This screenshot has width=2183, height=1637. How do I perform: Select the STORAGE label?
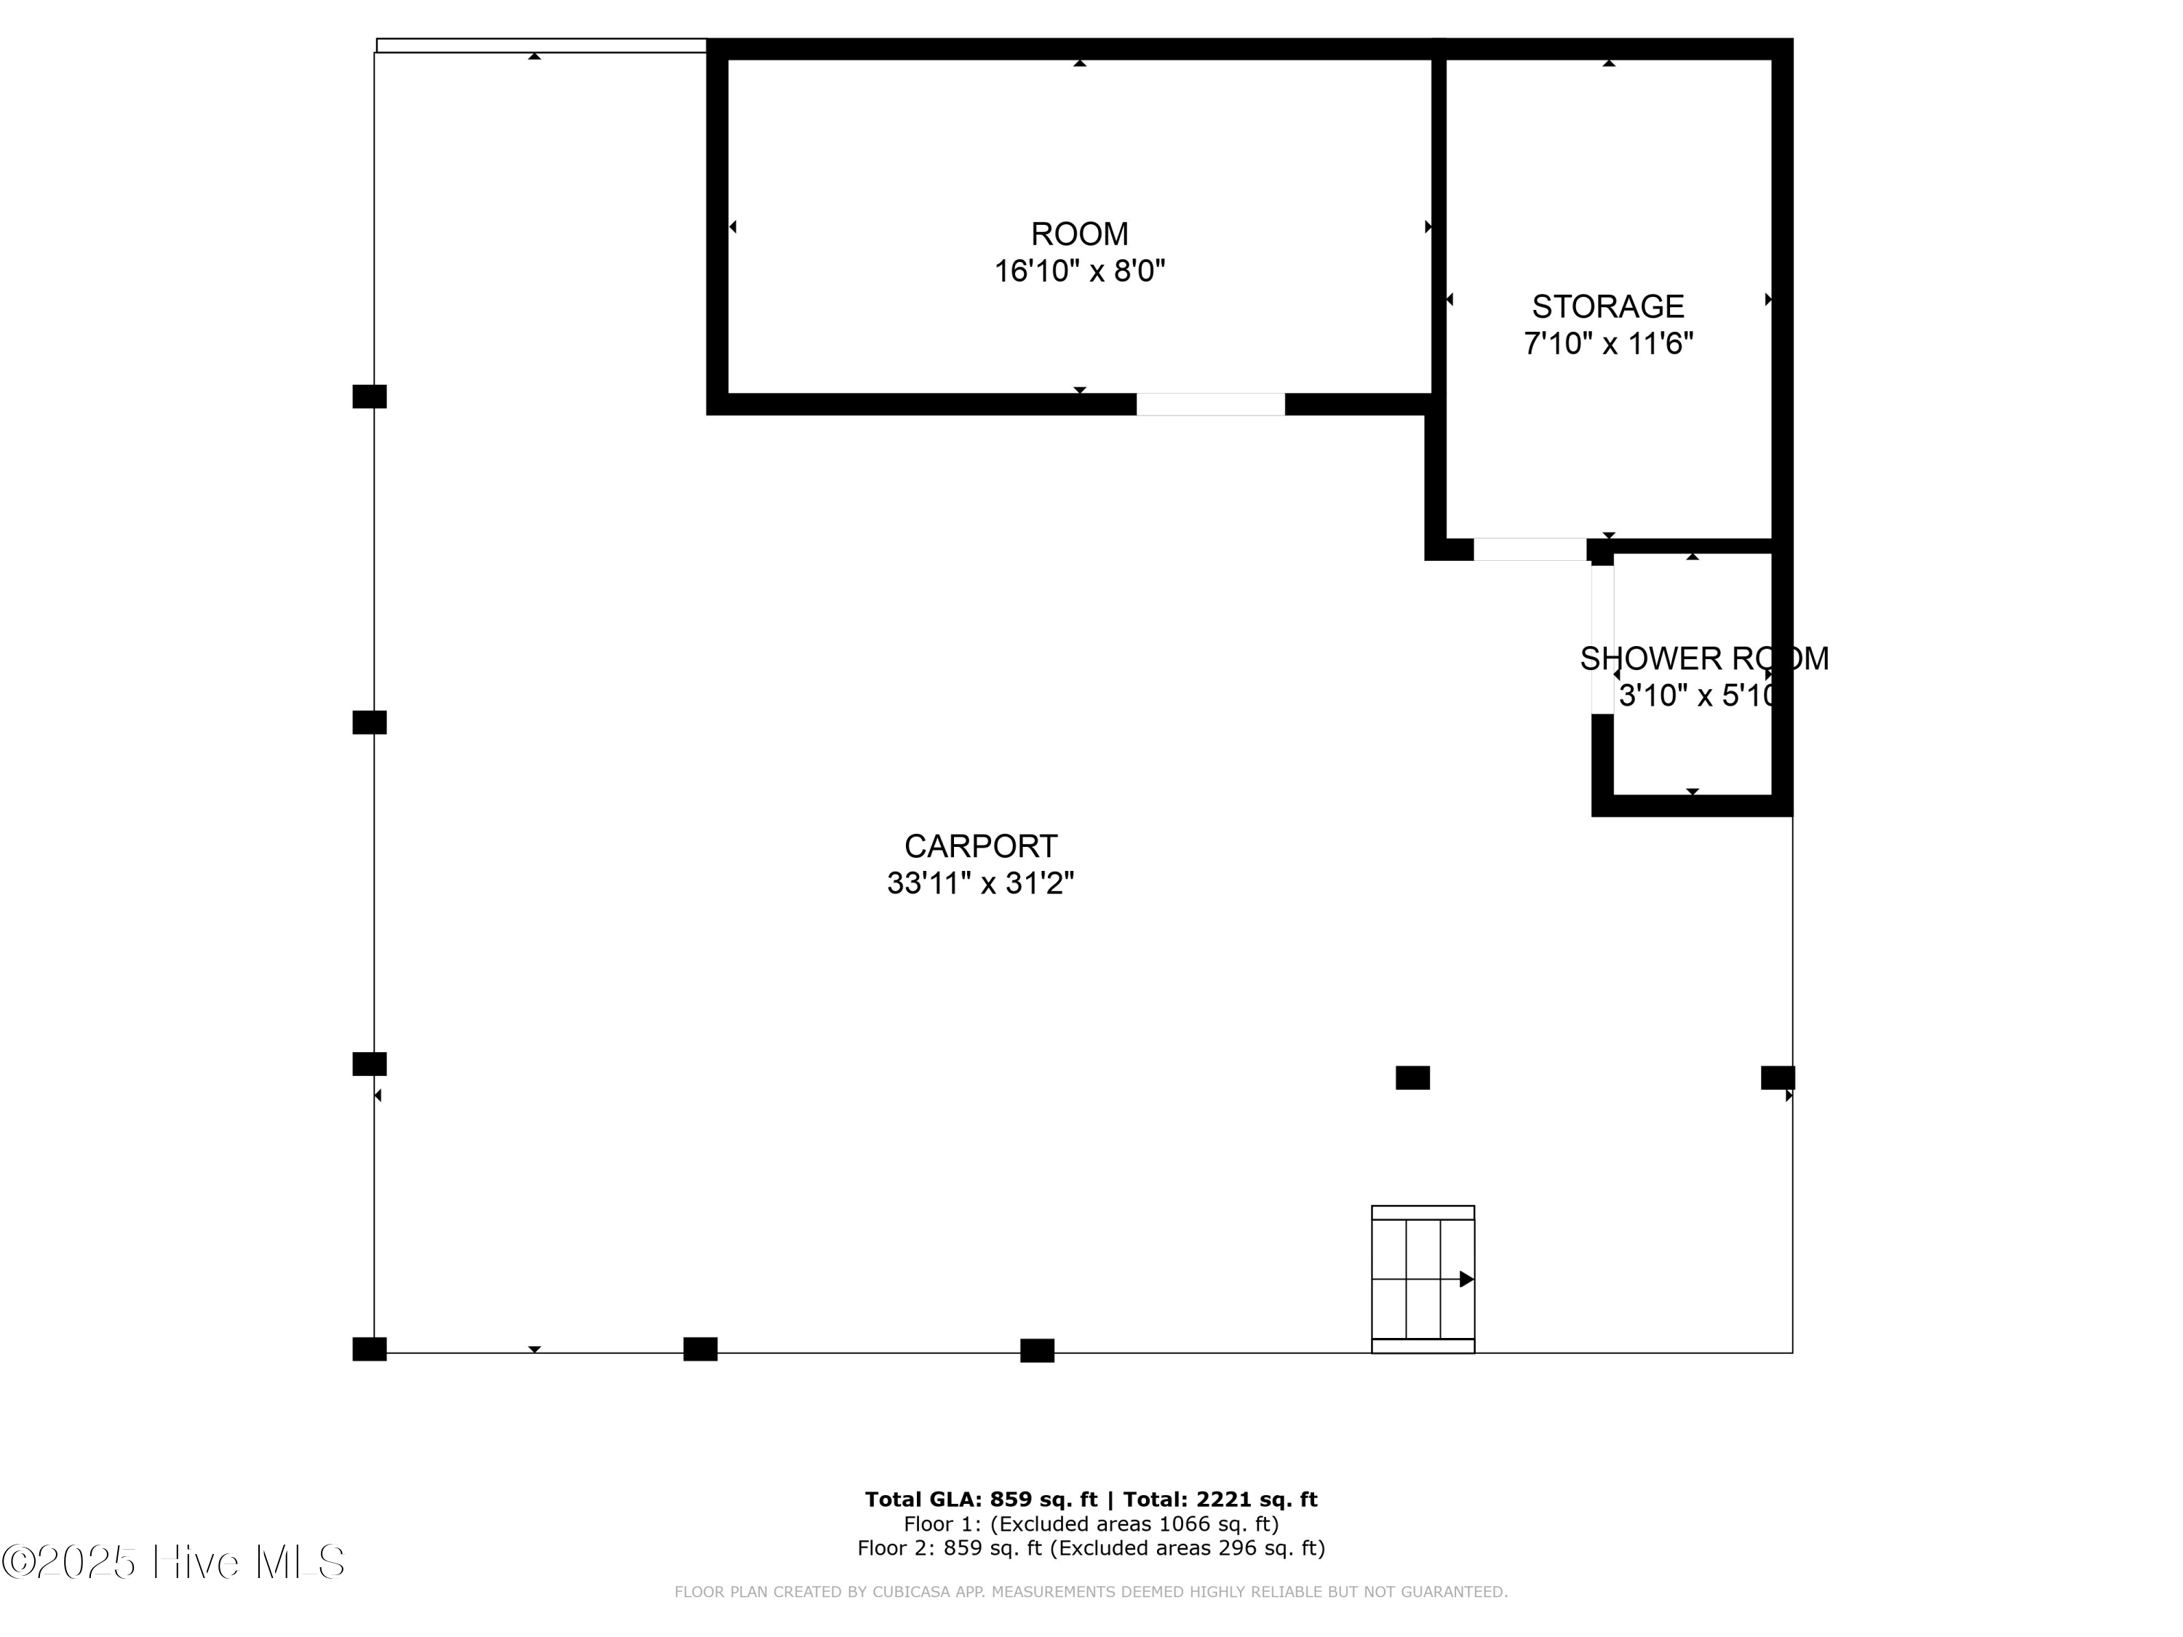1607,307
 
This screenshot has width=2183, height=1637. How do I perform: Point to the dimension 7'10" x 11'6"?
1607,343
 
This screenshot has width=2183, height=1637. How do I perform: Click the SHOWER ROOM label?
1703,658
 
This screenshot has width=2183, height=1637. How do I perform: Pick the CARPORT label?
980,845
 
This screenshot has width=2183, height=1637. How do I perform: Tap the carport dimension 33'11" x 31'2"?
980,882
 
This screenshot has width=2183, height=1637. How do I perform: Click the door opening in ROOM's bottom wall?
1210,405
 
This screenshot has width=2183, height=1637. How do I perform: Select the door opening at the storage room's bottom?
1529,549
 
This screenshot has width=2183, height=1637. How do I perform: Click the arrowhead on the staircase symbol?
1466,1279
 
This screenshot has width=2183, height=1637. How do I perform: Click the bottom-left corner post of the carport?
369,1349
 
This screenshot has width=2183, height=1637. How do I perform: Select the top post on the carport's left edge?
369,397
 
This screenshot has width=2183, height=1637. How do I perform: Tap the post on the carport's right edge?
1778,1078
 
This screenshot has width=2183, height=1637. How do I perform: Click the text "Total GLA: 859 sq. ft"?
980,1499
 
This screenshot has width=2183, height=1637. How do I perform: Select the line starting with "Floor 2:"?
1091,1548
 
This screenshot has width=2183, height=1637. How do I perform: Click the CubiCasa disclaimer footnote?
1091,1592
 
